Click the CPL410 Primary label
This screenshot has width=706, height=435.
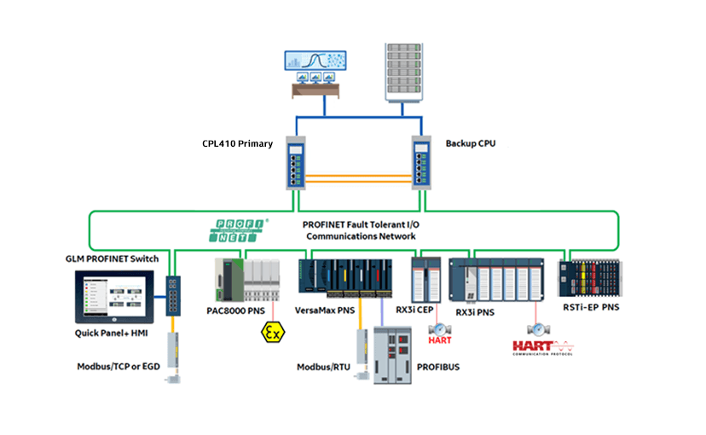point(237,143)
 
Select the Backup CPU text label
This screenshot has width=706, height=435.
point(471,143)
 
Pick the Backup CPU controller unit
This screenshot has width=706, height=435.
point(423,162)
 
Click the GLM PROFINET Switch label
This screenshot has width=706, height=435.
point(112,258)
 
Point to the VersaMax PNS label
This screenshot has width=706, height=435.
point(324,310)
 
